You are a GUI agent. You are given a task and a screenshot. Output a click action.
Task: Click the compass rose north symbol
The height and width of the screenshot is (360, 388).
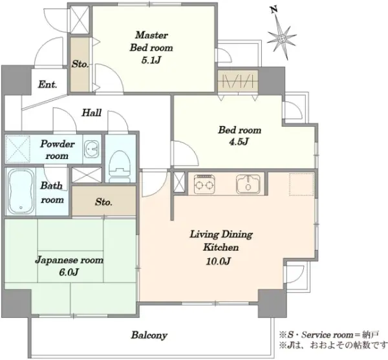[x=282, y=39]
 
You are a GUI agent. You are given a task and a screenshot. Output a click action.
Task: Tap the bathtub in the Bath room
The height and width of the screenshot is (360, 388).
[x=21, y=192]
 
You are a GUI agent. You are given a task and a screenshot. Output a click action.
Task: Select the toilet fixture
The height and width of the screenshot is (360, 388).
[x=120, y=165]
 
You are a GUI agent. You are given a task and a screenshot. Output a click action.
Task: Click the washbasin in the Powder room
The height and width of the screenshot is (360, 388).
[x=92, y=149]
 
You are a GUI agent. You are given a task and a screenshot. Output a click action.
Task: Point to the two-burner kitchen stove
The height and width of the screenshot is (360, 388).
[x=204, y=184]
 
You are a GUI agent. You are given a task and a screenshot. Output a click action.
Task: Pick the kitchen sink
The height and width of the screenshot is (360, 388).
[x=248, y=184]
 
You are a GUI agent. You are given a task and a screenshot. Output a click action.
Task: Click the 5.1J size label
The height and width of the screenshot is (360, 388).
[x=151, y=60]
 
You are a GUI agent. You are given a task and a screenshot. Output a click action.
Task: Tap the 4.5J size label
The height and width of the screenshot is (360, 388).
[x=239, y=142]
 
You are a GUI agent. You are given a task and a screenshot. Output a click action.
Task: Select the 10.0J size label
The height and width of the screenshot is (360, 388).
[x=219, y=261]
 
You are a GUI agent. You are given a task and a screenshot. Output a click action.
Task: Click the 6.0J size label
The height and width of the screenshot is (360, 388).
[x=69, y=272]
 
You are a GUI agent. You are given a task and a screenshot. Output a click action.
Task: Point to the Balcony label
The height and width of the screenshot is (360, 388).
[x=149, y=335]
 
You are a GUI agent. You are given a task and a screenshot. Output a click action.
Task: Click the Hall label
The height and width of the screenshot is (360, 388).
[x=92, y=112]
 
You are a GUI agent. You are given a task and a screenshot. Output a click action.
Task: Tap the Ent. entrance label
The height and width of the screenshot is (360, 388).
[x=47, y=85]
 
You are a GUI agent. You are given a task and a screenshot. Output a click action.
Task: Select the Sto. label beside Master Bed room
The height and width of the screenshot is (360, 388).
[x=80, y=64]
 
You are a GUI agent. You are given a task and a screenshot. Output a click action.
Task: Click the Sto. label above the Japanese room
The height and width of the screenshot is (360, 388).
[x=103, y=202]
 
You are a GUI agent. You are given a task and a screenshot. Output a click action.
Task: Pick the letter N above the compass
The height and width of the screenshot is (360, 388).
[x=274, y=10]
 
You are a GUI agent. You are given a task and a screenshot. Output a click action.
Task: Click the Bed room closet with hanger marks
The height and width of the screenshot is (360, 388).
[x=238, y=81]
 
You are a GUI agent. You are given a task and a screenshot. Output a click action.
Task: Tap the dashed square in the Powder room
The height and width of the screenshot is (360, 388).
[x=17, y=149]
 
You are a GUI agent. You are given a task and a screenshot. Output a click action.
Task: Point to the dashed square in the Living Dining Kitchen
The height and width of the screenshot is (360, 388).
[x=301, y=184]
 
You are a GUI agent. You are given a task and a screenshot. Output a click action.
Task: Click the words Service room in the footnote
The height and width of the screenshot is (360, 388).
[x=327, y=335]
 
